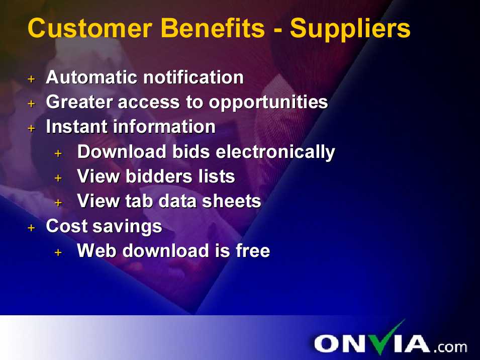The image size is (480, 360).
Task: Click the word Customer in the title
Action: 90,28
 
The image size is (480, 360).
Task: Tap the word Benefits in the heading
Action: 213,28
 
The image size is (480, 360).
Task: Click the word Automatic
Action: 91,77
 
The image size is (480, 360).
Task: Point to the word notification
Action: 194,77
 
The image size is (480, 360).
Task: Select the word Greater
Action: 79,102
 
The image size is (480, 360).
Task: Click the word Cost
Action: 67,226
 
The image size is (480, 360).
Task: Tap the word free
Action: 253,251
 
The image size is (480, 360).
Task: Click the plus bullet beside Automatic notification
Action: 31,79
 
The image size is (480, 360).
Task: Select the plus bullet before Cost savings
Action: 31,228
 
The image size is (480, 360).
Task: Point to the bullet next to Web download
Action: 58,252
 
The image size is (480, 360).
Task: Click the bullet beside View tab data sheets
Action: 58,203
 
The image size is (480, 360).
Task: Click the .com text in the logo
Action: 450,347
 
